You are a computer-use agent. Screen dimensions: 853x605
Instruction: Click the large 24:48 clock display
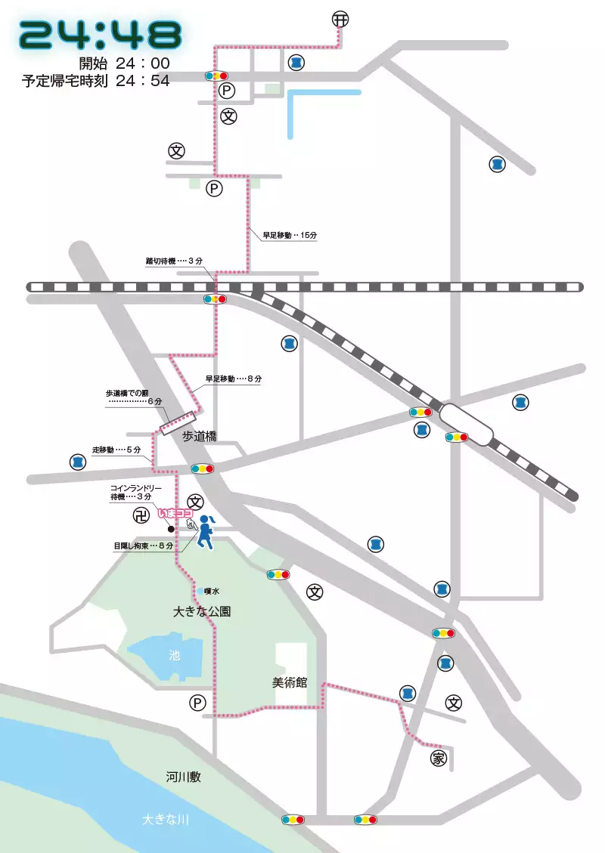pos(101,34)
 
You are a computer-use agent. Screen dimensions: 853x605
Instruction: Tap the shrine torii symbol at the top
pos(341,20)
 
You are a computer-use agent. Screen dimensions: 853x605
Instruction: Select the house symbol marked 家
pos(439,759)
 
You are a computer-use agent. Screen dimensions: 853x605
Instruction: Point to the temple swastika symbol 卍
pos(141,516)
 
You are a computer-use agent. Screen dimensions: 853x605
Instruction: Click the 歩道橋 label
pos(200,436)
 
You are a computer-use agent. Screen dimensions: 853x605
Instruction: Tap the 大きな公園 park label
pos(201,611)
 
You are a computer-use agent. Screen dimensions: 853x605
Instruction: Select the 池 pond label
pos(175,656)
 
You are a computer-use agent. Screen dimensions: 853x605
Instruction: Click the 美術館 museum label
pos(290,682)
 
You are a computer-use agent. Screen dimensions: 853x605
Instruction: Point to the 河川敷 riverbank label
pos(184,777)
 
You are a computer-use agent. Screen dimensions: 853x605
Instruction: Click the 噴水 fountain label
pos(211,592)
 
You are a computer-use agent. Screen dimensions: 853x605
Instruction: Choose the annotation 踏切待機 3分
pos(175,261)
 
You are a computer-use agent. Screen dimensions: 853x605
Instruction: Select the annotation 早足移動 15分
pos(290,235)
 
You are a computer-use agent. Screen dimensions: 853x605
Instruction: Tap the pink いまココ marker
pos(175,513)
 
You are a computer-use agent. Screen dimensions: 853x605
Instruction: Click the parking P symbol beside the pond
pos(197,703)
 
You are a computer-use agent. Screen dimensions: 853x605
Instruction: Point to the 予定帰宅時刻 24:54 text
pos(96,81)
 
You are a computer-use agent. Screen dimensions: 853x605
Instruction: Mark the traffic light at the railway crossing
pos(215,299)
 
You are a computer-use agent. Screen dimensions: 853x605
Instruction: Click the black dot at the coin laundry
pos(171,529)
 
